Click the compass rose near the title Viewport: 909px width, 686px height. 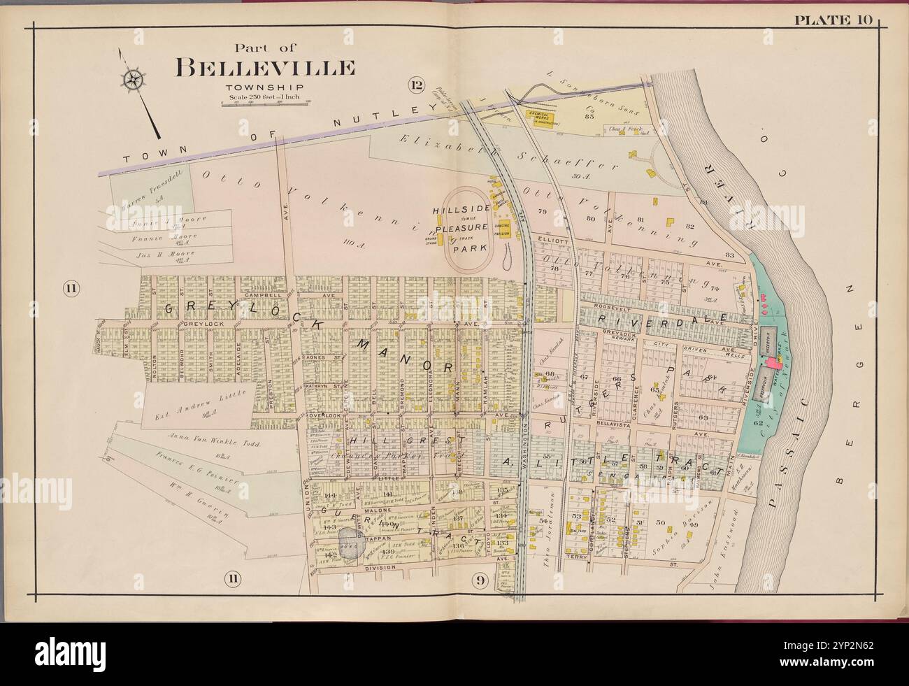pos(131,80)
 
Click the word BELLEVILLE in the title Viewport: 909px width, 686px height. pos(265,68)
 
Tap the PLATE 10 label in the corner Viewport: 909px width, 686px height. pos(851,20)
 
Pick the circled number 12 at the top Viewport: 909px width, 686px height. pos(417,86)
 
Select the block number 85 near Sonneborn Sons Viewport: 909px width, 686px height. pos(589,116)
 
